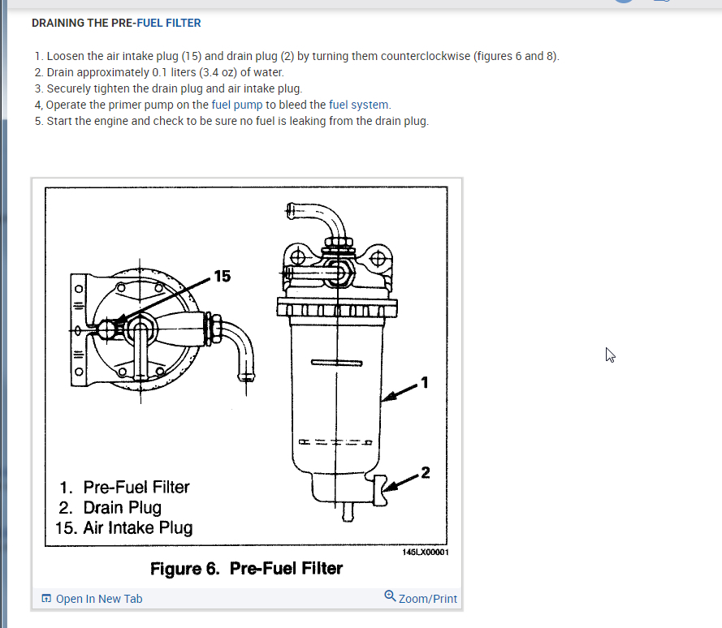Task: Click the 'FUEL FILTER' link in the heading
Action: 168,23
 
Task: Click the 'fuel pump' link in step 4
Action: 237,105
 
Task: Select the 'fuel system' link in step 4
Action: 359,105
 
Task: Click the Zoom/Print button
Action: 427,599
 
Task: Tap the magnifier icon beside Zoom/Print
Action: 391,597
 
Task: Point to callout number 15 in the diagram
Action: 222,277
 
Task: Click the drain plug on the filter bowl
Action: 378,489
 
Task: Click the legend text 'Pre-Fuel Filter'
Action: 136,487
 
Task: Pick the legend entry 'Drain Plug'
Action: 122,508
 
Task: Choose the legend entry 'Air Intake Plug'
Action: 137,528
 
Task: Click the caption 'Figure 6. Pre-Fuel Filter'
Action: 246,568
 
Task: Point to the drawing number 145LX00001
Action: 425,552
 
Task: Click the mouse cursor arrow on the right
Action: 610,355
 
